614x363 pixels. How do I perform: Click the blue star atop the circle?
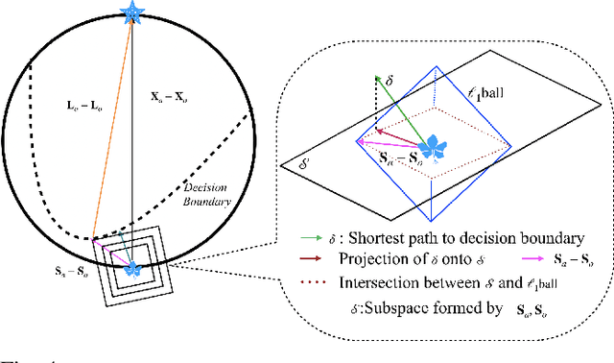[131, 12]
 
